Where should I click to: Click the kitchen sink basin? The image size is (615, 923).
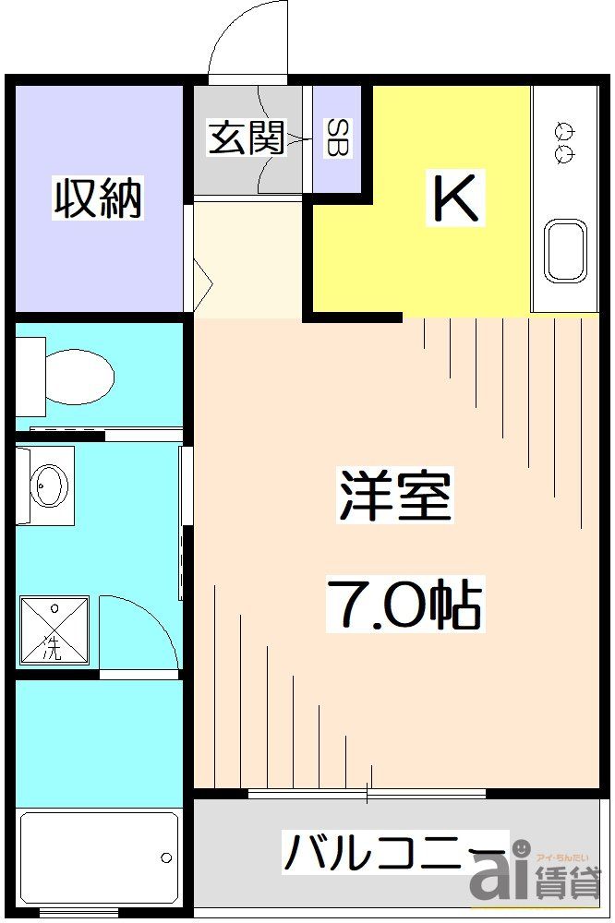[x=565, y=249]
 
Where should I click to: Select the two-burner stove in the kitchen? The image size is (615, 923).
[x=563, y=139]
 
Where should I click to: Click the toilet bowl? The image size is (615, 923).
[x=78, y=377]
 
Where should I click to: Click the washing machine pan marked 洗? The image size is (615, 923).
[x=54, y=630]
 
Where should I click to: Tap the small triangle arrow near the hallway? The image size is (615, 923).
[x=204, y=277]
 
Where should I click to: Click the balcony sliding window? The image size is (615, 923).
[x=368, y=793]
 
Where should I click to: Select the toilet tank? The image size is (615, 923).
[x=30, y=377]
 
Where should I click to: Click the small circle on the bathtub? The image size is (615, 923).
[x=166, y=857]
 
